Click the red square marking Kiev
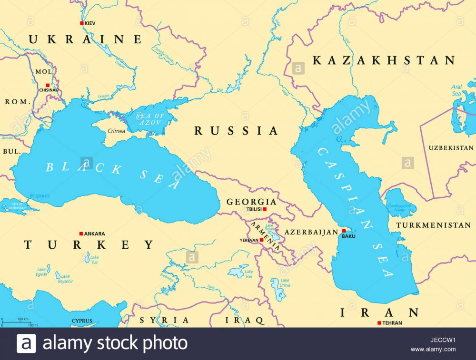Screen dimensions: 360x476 pyautogui.click(x=81, y=23)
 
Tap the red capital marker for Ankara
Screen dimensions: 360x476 pyautogui.click(x=81, y=234)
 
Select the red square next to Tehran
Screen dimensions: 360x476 pyautogui.click(x=379, y=323)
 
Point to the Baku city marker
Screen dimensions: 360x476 pyautogui.click(x=344, y=231)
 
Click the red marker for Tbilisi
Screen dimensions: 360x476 pyautogui.click(x=265, y=209)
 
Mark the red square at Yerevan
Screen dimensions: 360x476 pyautogui.click(x=261, y=240)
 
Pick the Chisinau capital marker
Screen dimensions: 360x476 pyautogui.click(x=47, y=85)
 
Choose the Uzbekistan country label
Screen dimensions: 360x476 pyautogui.click(x=450, y=148)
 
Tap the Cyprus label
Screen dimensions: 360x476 pyautogui.click(x=82, y=321)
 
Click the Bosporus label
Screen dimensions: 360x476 pyautogui.click(x=40, y=195)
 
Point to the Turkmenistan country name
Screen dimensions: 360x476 pyautogui.click(x=433, y=225)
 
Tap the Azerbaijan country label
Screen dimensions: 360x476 pyautogui.click(x=311, y=232)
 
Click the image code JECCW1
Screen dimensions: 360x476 pyautogui.click(x=433, y=340)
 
